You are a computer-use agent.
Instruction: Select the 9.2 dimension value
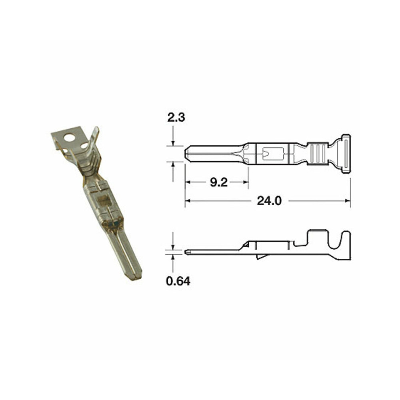click(x=218, y=183)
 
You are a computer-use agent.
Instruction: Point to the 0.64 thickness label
click(x=178, y=282)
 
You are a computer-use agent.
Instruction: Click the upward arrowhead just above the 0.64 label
click(x=173, y=256)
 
